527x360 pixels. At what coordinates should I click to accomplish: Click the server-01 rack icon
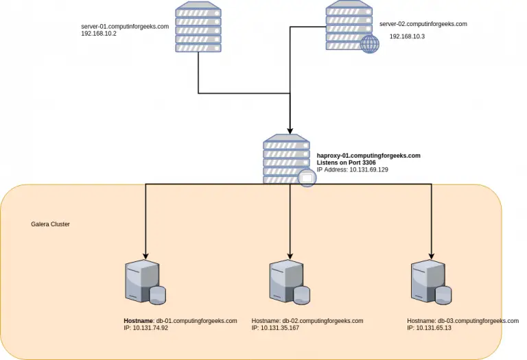[x=198, y=26]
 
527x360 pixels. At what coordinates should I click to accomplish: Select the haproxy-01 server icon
[x=286, y=158]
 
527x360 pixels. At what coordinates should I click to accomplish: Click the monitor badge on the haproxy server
[x=307, y=179]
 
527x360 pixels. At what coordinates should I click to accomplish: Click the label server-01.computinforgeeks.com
[x=125, y=27]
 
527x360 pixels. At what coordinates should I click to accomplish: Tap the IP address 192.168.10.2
[x=99, y=34]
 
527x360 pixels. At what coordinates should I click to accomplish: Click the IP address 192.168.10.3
[x=407, y=37]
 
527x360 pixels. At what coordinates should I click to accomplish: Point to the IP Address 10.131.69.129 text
[x=352, y=169]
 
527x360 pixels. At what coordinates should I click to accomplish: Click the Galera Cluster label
[x=50, y=224]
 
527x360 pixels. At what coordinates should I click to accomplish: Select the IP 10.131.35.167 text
[x=275, y=328]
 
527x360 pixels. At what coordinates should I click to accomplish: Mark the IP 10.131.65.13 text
[x=429, y=328]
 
